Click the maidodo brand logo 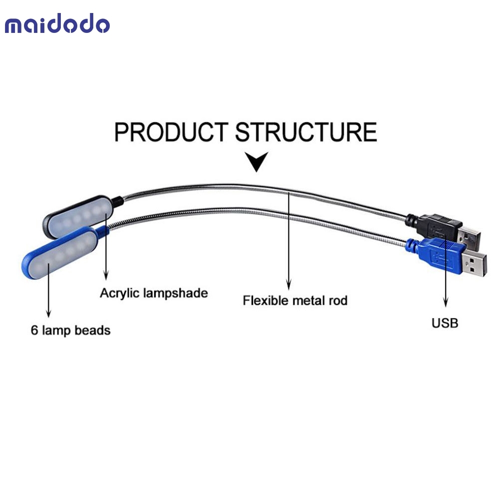click(x=57, y=23)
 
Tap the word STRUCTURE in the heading click(x=306, y=132)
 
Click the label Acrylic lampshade click(x=154, y=293)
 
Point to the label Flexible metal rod click(x=295, y=300)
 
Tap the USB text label click(x=445, y=323)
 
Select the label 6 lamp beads click(x=71, y=330)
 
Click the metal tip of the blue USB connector click(x=474, y=265)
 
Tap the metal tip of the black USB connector click(x=469, y=237)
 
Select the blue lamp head click(x=60, y=253)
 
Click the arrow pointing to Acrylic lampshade click(x=106, y=247)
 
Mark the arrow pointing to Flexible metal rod click(x=288, y=241)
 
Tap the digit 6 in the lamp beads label click(x=34, y=330)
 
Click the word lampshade click(x=176, y=293)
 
